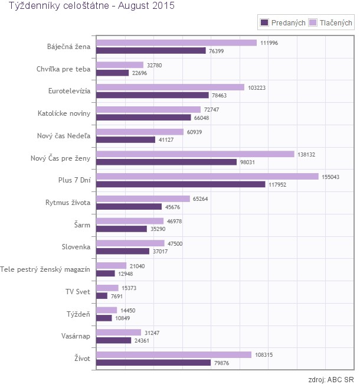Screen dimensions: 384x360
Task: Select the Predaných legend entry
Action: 283,23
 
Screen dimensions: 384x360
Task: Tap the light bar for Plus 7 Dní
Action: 207,177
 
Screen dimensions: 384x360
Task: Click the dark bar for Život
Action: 153,363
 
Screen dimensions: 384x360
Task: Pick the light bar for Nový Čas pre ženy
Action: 195,154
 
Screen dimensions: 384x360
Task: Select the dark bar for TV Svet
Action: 102,295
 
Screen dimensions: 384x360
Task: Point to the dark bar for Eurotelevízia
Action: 152,95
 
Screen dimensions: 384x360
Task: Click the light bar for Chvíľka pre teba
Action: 120,65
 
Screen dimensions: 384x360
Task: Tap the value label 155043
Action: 332,177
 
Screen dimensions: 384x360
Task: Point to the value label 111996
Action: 270,43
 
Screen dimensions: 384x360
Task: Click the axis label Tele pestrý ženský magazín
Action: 46,269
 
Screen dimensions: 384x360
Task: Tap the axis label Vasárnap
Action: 73,336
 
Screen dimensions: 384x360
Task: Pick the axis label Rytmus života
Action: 68,203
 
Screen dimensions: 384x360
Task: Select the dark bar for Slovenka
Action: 123,251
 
